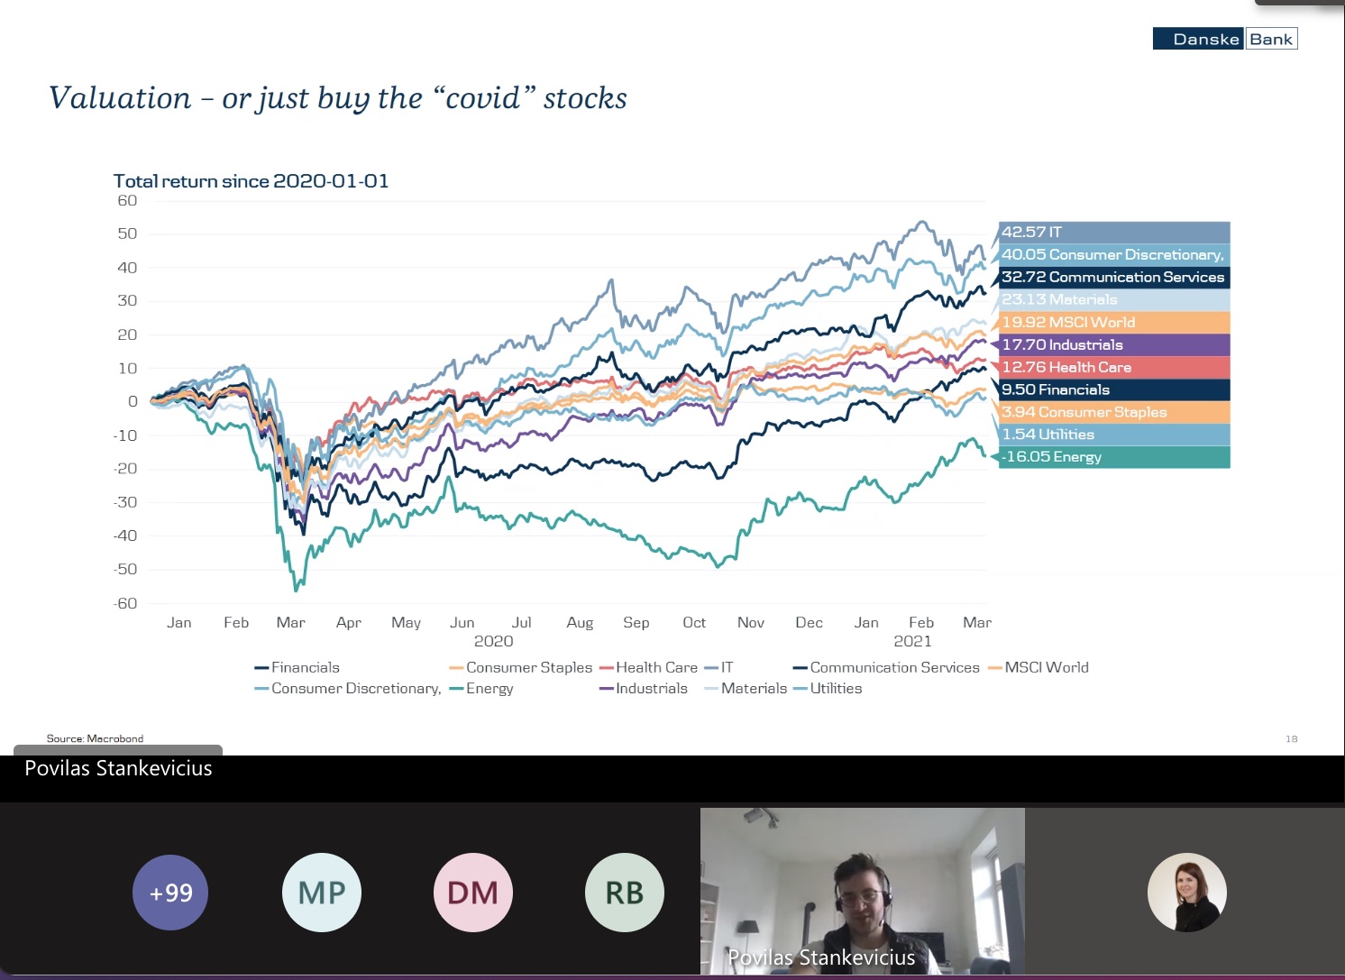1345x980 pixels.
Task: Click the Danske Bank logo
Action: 1225,39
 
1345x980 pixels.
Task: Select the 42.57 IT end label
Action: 1114,232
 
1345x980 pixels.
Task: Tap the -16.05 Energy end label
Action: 1114,457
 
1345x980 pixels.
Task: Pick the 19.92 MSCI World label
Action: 1114,322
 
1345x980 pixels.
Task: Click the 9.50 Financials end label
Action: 1114,389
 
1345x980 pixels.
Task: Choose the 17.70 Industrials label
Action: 1114,344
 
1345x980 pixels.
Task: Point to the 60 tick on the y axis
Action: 127,200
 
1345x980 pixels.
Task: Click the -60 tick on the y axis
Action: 125,603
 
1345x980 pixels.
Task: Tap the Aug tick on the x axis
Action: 580,623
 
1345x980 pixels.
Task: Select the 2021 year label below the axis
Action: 912,641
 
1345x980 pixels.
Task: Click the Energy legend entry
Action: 481,688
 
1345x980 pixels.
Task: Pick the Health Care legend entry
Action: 648,667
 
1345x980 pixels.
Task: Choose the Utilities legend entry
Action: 828,688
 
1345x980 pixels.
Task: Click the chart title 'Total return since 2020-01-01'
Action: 251,180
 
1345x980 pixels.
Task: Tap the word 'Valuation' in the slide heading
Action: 120,97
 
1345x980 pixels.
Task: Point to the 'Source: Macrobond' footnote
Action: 95,738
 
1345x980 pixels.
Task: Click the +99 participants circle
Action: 170,893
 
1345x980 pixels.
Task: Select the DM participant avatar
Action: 472,893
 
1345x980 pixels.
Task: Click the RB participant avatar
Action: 625,893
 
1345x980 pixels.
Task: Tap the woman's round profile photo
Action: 1186,893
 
